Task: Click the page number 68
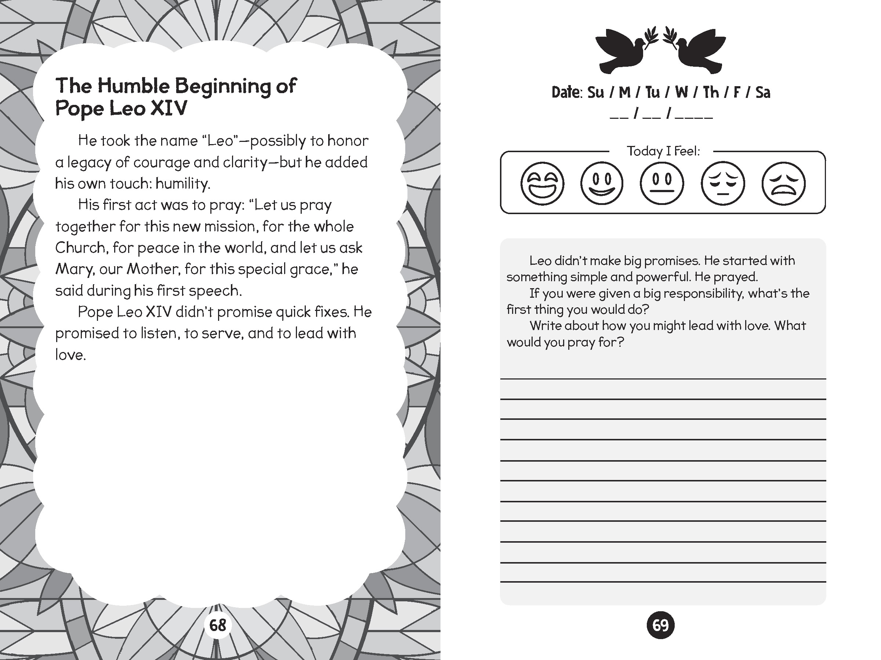[217, 626]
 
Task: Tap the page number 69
[660, 626]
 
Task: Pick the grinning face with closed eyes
[542, 183]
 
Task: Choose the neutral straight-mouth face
[661, 183]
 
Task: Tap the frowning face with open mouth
[783, 183]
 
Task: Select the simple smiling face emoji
[601, 183]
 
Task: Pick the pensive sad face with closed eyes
[722, 183]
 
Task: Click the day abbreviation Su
[595, 93]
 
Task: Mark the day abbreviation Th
[711, 93]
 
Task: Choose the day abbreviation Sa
[763, 93]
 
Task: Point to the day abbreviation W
[681, 93]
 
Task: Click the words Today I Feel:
[663, 151]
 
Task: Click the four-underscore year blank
[694, 116]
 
